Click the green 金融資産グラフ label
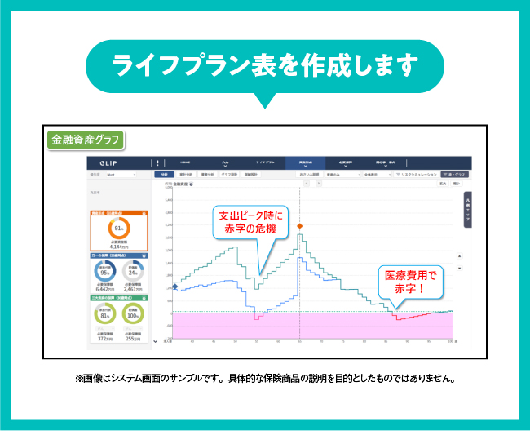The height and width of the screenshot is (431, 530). (x=85, y=140)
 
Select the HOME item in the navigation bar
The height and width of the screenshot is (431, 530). (x=186, y=162)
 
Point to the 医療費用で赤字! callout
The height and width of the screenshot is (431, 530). (x=410, y=282)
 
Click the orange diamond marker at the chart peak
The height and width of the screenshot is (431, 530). (x=300, y=225)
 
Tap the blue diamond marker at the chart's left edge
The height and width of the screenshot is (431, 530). (x=174, y=287)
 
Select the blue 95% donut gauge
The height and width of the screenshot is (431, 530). (x=104, y=272)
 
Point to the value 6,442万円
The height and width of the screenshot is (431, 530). (x=104, y=289)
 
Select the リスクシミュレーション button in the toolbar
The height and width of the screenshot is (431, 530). (x=416, y=174)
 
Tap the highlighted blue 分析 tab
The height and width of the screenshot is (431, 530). (x=164, y=174)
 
